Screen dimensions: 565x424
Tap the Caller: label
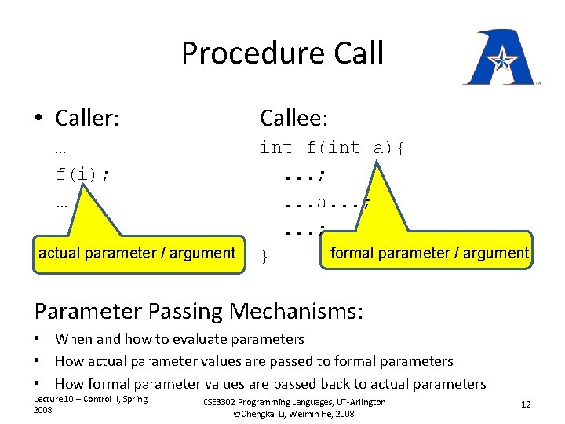point(87,119)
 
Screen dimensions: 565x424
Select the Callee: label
point(294,119)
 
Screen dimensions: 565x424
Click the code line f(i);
point(82,174)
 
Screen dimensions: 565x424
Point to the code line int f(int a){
point(332,148)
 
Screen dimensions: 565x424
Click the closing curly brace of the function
point(264,257)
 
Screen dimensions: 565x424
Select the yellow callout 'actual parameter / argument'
point(137,253)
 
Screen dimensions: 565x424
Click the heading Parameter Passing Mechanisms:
point(199,312)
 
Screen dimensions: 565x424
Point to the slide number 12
point(526,404)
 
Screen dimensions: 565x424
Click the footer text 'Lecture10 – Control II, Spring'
point(89,399)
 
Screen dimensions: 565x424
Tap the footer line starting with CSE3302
point(294,402)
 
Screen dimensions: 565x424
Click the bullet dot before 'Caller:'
point(38,119)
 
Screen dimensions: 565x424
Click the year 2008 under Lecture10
point(42,410)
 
